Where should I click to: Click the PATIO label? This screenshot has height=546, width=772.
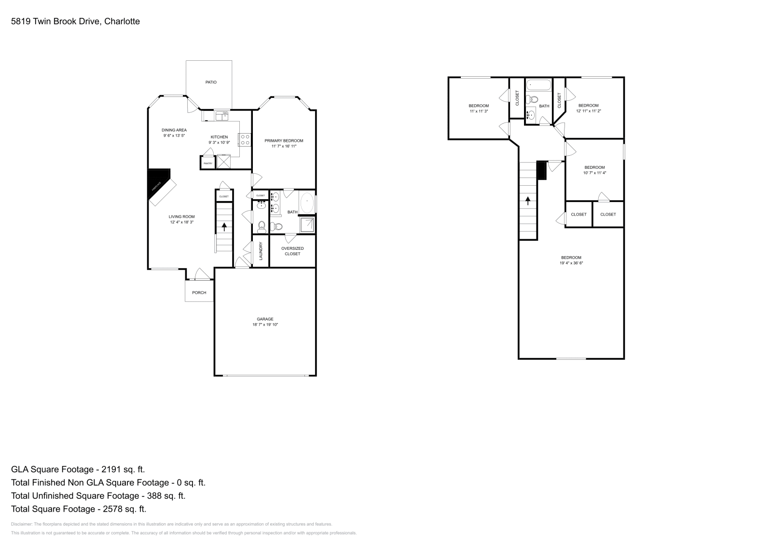pyautogui.click(x=211, y=82)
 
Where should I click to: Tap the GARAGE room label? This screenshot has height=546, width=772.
pyautogui.click(x=265, y=319)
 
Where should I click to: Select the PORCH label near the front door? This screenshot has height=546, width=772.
pyautogui.click(x=199, y=293)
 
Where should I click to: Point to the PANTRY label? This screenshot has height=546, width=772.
pyautogui.click(x=207, y=164)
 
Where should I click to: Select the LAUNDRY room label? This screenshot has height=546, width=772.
pyautogui.click(x=261, y=251)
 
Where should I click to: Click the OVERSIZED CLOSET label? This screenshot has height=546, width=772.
pyautogui.click(x=292, y=251)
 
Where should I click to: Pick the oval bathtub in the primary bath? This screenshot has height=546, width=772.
pyautogui.click(x=307, y=202)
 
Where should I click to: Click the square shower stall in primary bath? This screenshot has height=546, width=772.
pyautogui.click(x=307, y=225)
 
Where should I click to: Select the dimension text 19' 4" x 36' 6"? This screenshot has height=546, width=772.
pyautogui.click(x=571, y=263)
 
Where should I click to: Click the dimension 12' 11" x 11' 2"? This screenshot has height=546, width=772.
pyautogui.click(x=588, y=111)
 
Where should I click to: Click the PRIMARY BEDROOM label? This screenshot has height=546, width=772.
pyautogui.click(x=284, y=141)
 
